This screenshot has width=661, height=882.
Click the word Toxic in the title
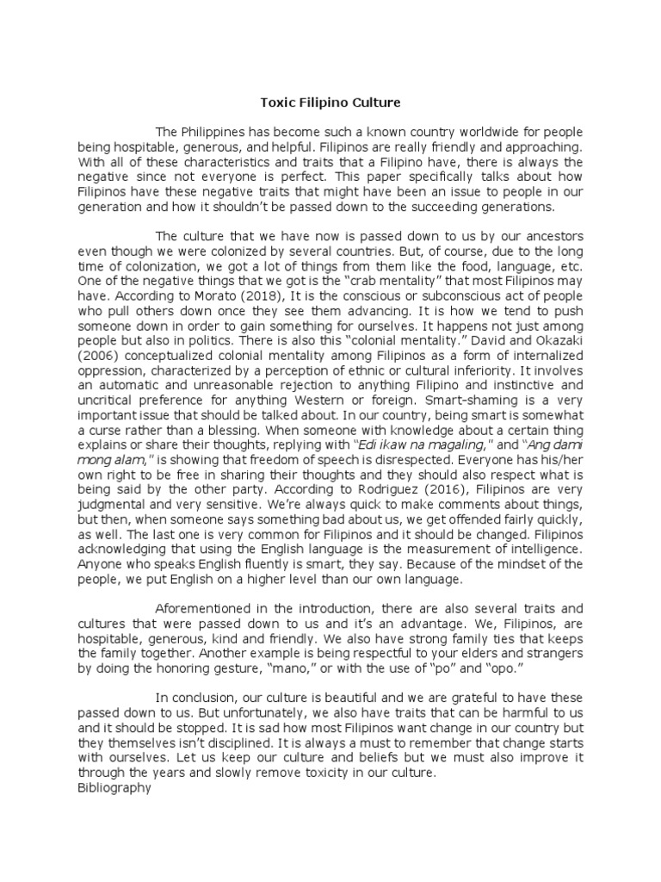click(x=277, y=103)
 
